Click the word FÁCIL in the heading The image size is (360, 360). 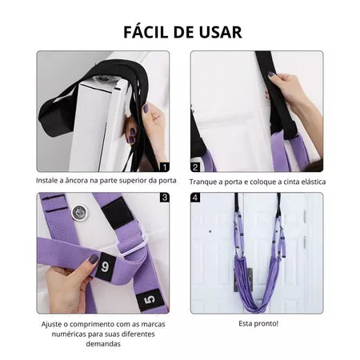(148, 32)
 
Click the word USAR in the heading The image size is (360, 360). (218, 32)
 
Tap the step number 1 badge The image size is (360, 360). (165, 166)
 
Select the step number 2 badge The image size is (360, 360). (195, 167)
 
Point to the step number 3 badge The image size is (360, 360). (165, 196)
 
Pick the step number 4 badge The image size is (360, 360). (195, 196)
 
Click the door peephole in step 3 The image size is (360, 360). (78, 214)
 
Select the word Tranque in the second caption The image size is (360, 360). (206, 181)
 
